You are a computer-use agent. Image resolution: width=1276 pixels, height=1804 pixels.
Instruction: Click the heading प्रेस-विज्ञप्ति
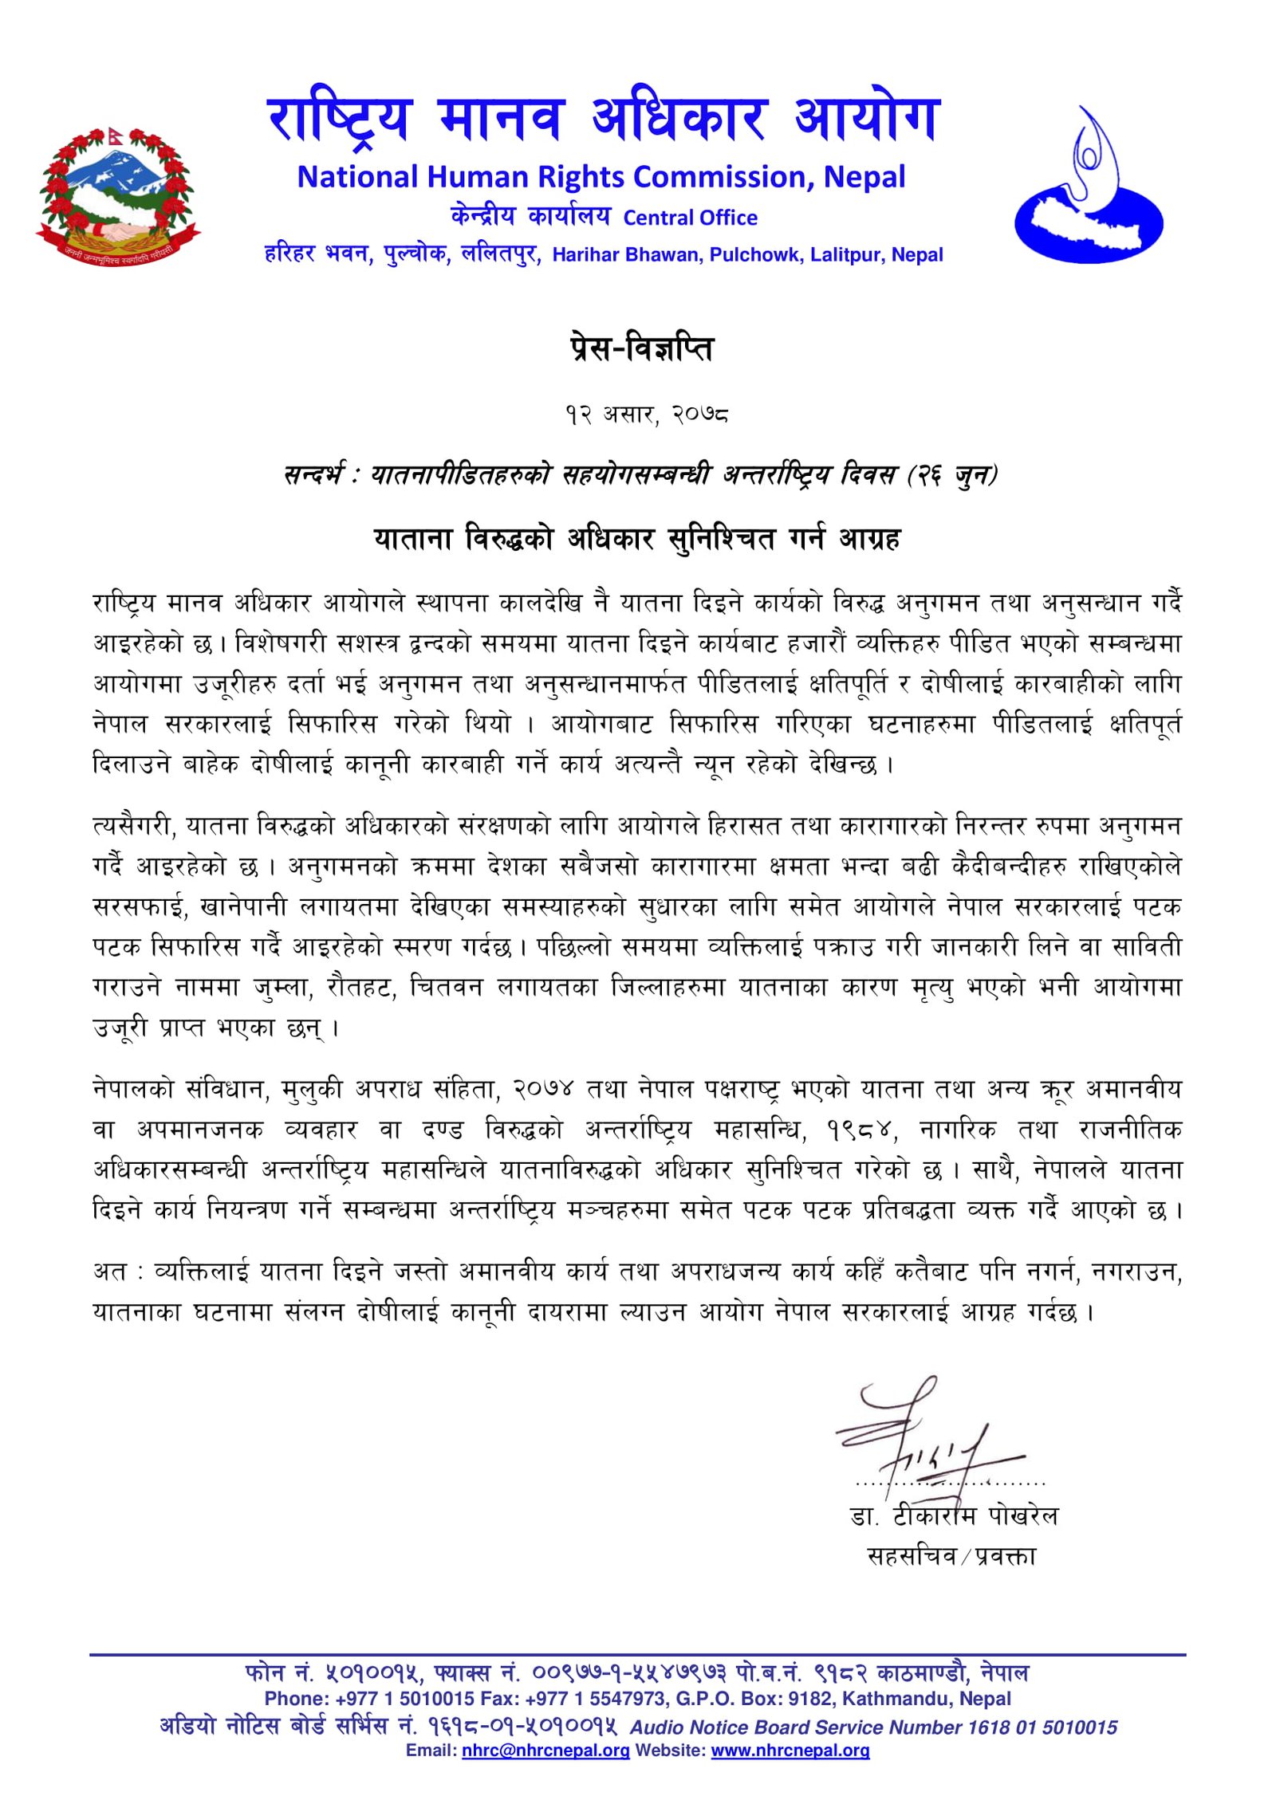point(642,348)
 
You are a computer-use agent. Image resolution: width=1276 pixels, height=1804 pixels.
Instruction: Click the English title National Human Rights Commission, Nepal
point(601,177)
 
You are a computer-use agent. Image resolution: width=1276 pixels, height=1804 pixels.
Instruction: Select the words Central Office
point(690,218)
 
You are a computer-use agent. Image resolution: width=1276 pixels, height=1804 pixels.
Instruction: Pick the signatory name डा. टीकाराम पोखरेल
point(954,1515)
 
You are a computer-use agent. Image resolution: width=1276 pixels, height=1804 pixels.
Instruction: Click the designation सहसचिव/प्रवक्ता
point(951,1555)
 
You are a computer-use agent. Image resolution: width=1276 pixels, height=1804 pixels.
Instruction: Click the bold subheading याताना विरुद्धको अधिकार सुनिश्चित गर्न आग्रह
point(637,539)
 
